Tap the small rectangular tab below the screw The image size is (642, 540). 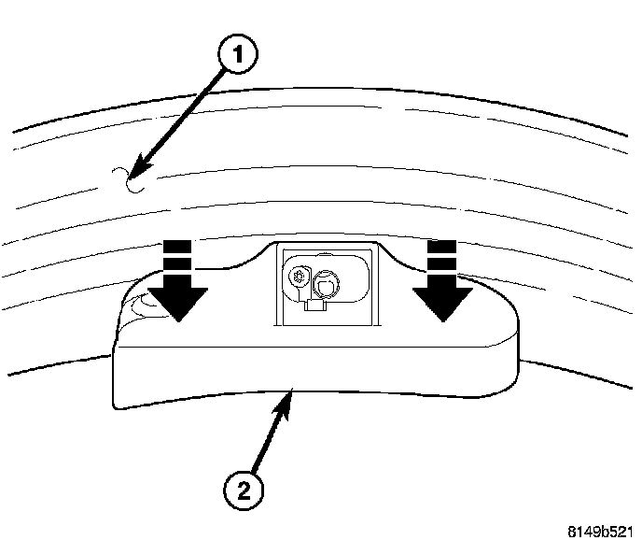315,303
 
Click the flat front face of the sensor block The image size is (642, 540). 308,374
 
